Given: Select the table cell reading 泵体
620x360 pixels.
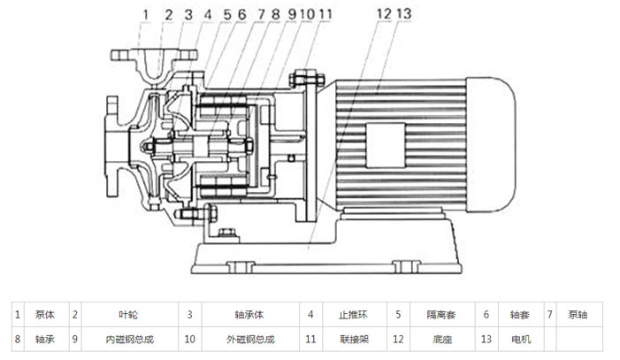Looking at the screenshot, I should [x=45, y=314].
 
